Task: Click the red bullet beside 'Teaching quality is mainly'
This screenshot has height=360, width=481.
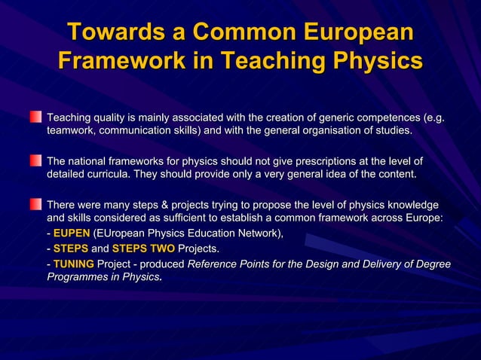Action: tap(35, 117)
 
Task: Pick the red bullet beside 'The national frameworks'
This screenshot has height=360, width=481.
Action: tap(35, 160)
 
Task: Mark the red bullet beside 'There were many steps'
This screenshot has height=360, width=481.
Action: tap(35, 204)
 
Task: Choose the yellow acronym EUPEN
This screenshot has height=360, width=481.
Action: tap(72, 233)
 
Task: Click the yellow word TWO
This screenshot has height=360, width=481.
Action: tap(161, 249)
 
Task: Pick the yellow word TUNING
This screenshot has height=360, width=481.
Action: tap(73, 264)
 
